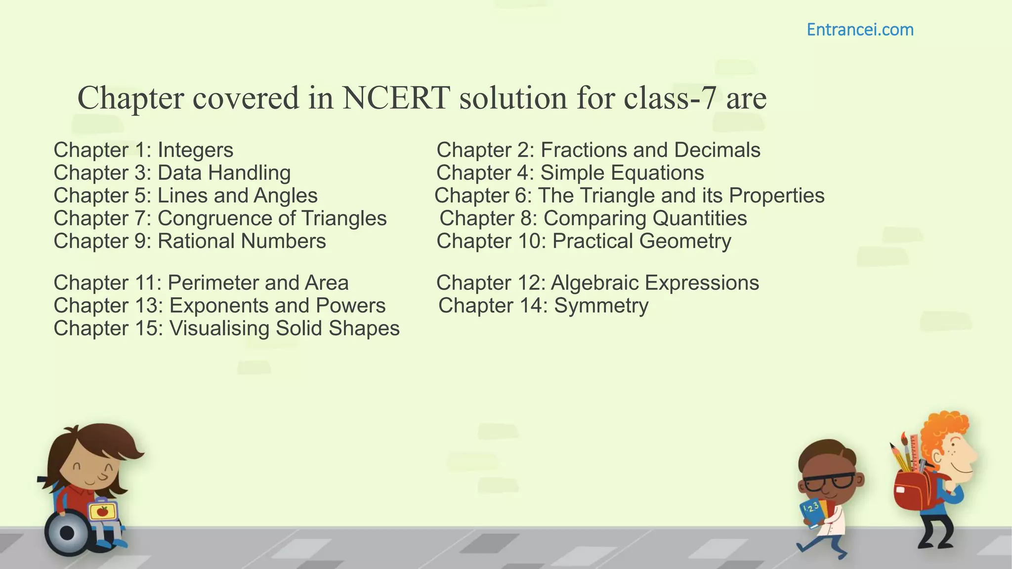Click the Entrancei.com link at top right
860,30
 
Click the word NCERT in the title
395,97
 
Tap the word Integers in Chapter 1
195,150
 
